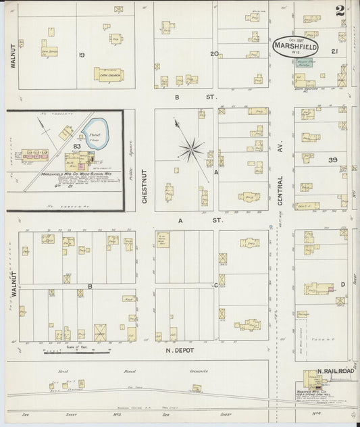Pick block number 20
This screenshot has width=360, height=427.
(213, 53)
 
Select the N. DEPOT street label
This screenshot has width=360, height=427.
(180, 351)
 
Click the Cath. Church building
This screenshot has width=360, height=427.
(108, 74)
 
